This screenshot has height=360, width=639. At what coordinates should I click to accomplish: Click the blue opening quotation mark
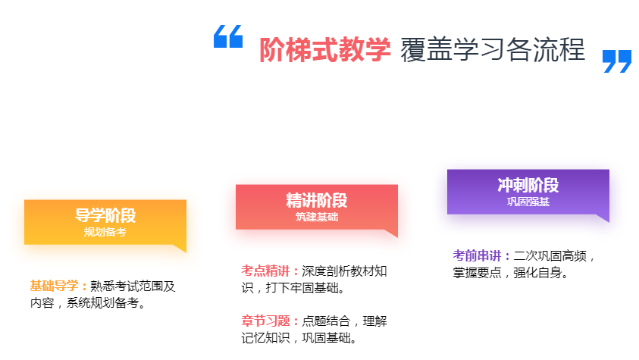click(x=228, y=36)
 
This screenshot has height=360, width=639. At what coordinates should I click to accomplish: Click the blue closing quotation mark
click(x=617, y=61)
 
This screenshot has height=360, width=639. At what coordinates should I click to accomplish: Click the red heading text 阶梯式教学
click(x=324, y=50)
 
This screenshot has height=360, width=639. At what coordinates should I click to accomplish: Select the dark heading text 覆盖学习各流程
click(x=493, y=50)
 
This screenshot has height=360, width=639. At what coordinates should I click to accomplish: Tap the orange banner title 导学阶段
click(x=105, y=215)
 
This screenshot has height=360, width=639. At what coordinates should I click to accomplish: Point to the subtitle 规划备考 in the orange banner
click(x=105, y=232)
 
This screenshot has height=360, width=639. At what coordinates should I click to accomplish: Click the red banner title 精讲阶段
click(x=317, y=200)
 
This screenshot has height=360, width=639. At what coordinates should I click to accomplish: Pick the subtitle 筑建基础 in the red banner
click(x=317, y=217)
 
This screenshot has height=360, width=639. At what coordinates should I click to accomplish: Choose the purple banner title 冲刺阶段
click(x=528, y=185)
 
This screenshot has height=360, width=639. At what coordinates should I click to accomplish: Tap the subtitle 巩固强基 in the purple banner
click(x=528, y=202)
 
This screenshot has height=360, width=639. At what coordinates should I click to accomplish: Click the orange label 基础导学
click(x=55, y=286)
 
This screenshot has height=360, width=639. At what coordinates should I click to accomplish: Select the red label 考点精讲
click(x=266, y=271)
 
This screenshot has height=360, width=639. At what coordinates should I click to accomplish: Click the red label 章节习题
click(x=266, y=321)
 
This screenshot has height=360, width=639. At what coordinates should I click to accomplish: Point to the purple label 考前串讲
click(x=478, y=255)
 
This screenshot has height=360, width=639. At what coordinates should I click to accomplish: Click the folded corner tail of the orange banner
click(x=181, y=247)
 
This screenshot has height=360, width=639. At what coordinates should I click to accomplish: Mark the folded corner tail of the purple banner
click(x=604, y=217)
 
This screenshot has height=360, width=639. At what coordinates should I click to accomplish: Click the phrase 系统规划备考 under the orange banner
click(x=102, y=303)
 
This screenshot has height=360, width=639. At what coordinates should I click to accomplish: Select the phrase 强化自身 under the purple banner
click(x=538, y=273)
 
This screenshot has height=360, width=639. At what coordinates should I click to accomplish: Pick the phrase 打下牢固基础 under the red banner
click(x=302, y=288)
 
